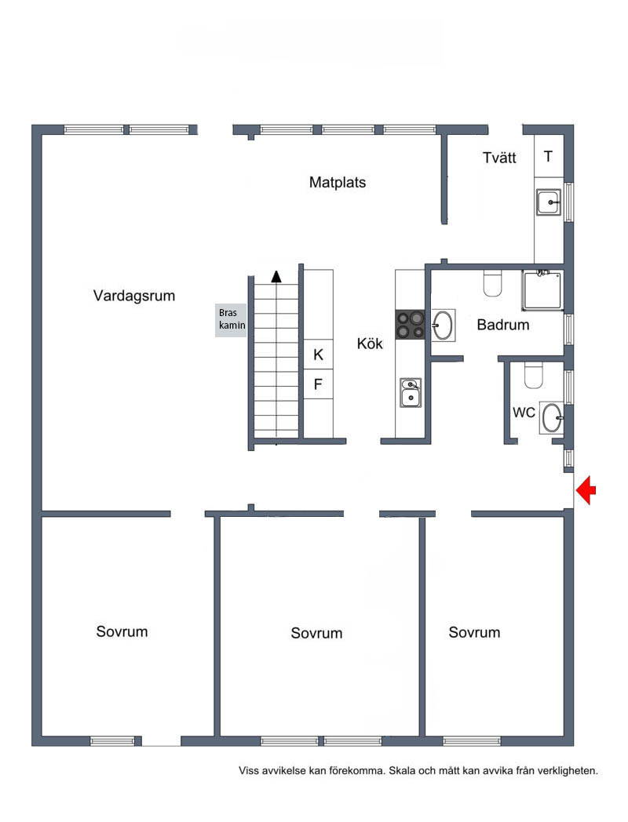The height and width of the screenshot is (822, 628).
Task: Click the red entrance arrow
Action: click(x=586, y=491)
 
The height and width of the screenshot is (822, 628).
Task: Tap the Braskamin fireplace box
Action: click(x=231, y=319)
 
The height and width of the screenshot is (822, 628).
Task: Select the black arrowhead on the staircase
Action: click(x=276, y=276)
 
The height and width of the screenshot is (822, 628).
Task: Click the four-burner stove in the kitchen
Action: click(x=411, y=325)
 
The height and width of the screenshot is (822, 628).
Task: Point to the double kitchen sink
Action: click(x=411, y=393)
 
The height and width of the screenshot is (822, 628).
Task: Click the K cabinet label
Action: click(x=318, y=355)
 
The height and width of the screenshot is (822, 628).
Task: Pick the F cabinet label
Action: click(x=317, y=384)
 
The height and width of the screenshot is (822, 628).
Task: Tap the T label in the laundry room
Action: click(x=548, y=156)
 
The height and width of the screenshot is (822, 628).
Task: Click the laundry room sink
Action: click(x=549, y=202)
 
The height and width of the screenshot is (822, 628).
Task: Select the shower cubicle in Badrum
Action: click(x=542, y=290)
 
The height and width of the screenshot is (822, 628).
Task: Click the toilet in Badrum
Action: click(x=492, y=284)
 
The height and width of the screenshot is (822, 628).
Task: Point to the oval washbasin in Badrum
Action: click(x=443, y=325)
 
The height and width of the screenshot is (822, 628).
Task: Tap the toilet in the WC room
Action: click(x=534, y=376)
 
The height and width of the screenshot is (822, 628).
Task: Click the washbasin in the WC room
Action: click(x=552, y=418)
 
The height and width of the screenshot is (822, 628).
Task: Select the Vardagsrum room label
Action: click(x=133, y=296)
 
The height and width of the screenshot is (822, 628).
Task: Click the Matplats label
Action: click(x=338, y=183)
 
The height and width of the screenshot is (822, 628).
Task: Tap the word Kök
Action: click(x=370, y=344)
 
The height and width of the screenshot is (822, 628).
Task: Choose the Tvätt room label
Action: click(x=499, y=158)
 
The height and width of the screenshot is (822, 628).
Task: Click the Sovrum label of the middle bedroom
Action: click(x=316, y=633)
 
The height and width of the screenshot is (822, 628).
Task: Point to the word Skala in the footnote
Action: click(x=401, y=770)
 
